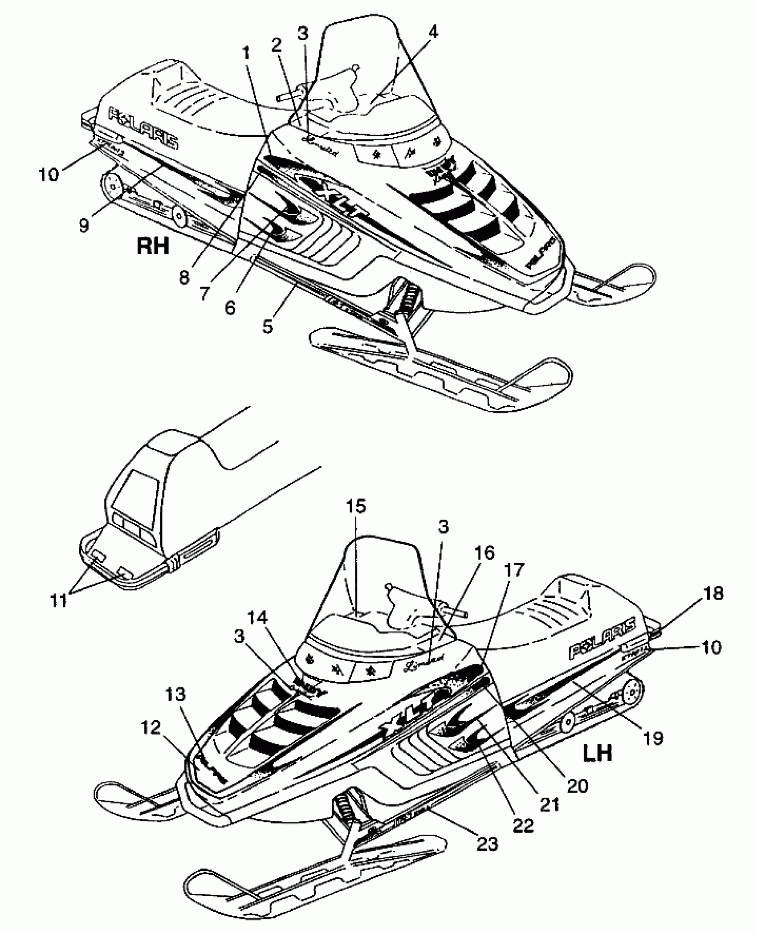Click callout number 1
pos(246,55)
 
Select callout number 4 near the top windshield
pos(433,32)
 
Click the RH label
pos(153,245)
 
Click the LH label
pos(598,753)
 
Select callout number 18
pos(713,594)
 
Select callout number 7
pos(204,293)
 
